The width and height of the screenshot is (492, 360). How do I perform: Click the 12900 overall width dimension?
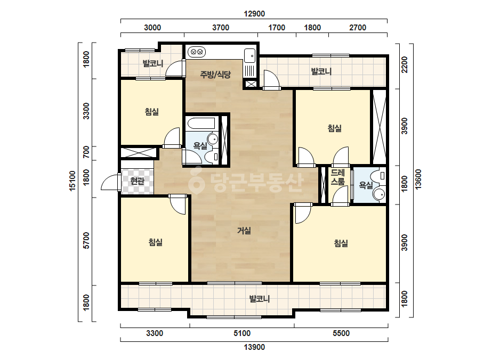point(254,14)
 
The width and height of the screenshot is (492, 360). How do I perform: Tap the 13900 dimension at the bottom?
point(254,347)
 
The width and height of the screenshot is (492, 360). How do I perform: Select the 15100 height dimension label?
point(72,181)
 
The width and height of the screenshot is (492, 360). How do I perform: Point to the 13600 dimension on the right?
point(418,179)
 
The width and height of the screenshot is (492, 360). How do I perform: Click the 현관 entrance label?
point(137,181)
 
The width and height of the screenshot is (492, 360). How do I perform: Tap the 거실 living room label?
point(244,231)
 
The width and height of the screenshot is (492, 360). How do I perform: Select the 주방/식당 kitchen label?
point(215,75)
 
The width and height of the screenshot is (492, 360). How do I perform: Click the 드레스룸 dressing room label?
point(337,177)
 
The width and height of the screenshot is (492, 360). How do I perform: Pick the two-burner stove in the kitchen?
point(196,52)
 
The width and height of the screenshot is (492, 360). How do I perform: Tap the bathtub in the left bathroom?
point(201,124)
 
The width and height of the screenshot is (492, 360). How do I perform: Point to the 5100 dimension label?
point(242,333)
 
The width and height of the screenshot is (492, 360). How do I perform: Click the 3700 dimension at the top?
point(221,28)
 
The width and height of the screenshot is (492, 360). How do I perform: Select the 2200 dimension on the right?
point(405,64)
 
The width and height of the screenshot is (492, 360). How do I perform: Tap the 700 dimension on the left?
point(86,152)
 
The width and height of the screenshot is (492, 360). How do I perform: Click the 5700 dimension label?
point(86,241)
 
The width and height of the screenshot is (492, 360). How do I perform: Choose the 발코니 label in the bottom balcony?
point(260,299)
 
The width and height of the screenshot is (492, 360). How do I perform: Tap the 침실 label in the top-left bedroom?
point(152,111)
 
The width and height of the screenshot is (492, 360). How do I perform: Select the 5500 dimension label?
point(341,333)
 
